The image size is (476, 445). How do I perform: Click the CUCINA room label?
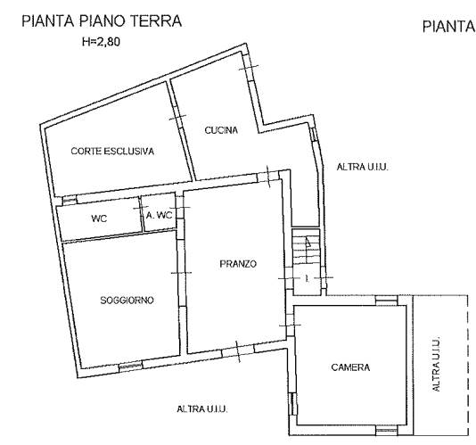(x=221, y=130)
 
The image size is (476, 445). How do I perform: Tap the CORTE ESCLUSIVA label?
(x=112, y=151)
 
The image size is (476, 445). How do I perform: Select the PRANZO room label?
(x=238, y=264)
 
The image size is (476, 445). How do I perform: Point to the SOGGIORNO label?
(x=127, y=301)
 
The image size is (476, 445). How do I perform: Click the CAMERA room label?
(x=350, y=367)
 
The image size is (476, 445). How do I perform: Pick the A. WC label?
(x=159, y=215)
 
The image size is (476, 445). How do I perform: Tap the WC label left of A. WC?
(x=99, y=218)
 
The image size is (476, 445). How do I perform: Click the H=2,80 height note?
(x=101, y=42)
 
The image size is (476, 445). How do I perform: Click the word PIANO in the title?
(x=102, y=21)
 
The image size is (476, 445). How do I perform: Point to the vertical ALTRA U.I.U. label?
(x=435, y=364)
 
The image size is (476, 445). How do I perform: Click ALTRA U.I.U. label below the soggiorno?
(x=202, y=409)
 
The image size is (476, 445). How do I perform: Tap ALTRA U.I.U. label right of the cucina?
(x=363, y=167)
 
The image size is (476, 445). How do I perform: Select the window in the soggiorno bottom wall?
(x=130, y=367)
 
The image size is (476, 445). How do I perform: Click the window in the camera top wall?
(x=386, y=301)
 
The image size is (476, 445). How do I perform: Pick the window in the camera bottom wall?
(x=386, y=430)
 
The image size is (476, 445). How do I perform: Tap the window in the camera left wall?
(x=291, y=404)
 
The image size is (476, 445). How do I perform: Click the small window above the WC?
(x=70, y=200)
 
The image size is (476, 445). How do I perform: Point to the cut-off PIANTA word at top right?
(x=448, y=27)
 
